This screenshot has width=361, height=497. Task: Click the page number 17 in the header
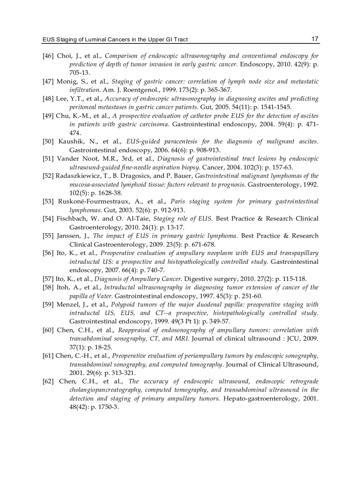[x=315, y=39]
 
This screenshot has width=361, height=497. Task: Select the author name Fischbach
[x=72, y=219]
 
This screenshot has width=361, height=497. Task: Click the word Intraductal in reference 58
[x=120, y=287]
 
